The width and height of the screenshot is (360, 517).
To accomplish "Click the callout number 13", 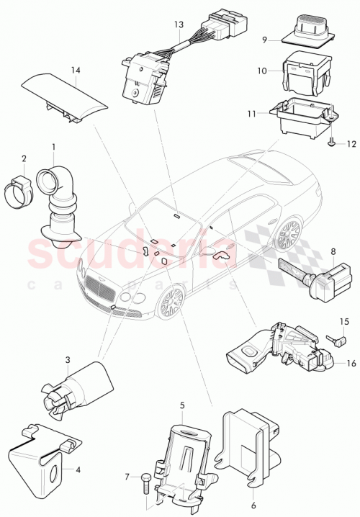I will pos(179,24).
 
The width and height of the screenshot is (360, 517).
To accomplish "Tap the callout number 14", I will pos(74,70).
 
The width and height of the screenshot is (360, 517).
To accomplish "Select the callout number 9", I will pos(266,40).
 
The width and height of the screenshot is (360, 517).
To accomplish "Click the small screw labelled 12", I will pos(330,144).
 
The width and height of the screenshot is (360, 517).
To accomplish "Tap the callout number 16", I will pos(351,363).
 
